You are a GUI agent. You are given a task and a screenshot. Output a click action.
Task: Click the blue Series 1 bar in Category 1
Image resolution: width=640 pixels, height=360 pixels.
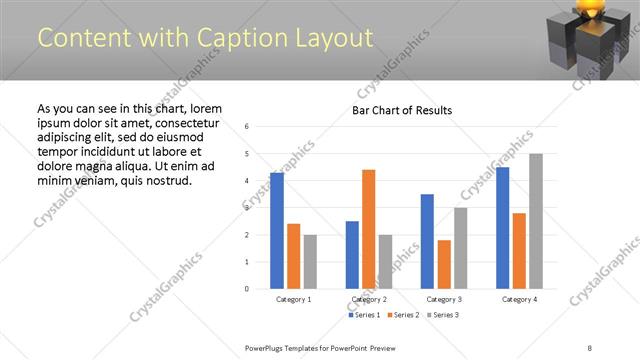click(x=277, y=231)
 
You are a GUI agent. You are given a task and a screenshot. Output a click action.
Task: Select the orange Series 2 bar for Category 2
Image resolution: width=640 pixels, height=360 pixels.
click(x=368, y=229)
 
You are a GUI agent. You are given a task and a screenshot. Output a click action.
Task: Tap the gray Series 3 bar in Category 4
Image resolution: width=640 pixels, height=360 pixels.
click(x=536, y=221)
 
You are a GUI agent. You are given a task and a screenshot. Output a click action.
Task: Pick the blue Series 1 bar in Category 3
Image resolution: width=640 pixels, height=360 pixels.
click(x=427, y=241)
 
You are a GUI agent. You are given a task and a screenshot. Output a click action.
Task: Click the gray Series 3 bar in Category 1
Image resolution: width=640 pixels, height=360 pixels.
click(x=310, y=261)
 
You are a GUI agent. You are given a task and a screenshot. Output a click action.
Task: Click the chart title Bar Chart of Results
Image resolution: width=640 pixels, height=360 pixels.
click(x=402, y=110)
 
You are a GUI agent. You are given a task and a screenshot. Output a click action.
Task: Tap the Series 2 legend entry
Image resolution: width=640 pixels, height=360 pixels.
click(x=402, y=315)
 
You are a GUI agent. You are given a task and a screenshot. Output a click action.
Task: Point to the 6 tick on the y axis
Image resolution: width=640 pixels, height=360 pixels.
click(x=247, y=127)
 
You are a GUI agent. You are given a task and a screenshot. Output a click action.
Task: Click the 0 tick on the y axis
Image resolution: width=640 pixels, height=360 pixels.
click(x=247, y=289)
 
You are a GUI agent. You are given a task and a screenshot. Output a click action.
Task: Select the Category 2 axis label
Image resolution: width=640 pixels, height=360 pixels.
click(x=368, y=299)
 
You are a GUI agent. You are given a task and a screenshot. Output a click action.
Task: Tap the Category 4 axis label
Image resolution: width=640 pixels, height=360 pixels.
click(x=519, y=299)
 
